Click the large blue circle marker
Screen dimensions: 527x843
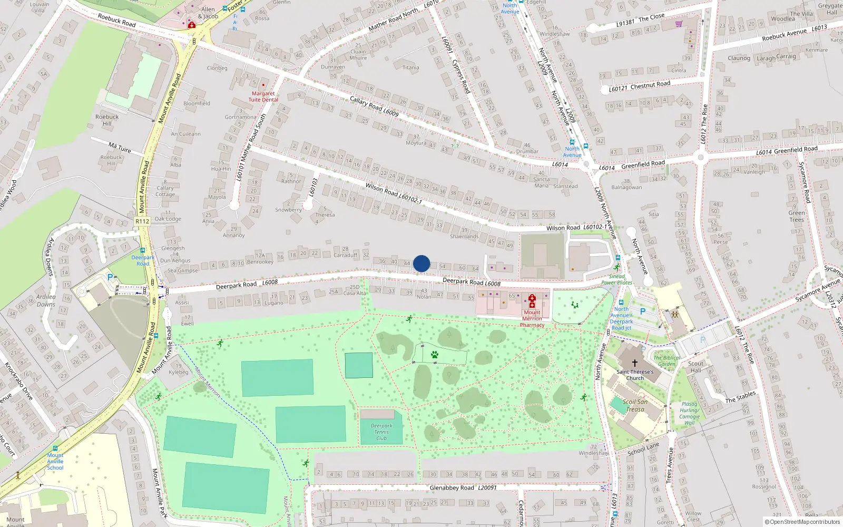click(x=421, y=263)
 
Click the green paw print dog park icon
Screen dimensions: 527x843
click(x=434, y=355)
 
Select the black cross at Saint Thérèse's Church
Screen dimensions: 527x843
click(x=635, y=363)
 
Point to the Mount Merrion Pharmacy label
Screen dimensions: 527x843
click(x=532, y=319)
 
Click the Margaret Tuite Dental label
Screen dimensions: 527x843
click(x=263, y=96)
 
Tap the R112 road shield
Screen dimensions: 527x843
click(x=142, y=221)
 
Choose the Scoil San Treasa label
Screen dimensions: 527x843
click(x=635, y=405)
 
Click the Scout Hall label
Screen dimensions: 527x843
click(x=695, y=367)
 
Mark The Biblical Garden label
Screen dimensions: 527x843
click(x=667, y=360)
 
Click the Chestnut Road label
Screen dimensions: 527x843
click(x=650, y=85)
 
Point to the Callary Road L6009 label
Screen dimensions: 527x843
click(x=374, y=106)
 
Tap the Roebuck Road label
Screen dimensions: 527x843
click(x=116, y=20)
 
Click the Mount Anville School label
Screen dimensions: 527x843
click(x=55, y=461)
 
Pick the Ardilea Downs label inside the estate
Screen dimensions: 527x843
click(x=46, y=300)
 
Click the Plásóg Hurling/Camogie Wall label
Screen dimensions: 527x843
click(x=689, y=413)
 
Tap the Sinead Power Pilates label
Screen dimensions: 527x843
click(x=617, y=279)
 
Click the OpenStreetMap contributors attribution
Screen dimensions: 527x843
click(x=802, y=522)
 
